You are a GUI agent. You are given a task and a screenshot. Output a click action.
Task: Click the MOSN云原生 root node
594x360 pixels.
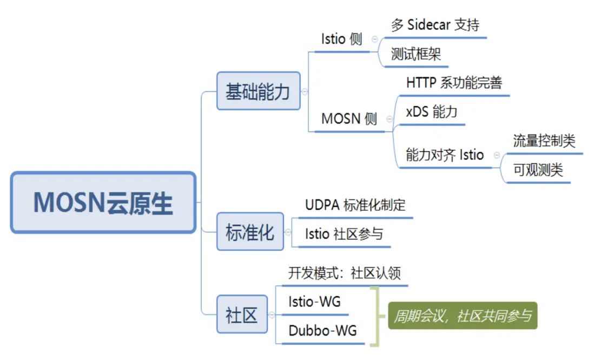[103, 203]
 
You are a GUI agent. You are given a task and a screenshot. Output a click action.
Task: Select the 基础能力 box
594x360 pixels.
[259, 91]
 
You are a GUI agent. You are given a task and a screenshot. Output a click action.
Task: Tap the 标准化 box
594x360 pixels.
[250, 232]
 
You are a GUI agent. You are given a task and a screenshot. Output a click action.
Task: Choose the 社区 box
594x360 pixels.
[242, 315]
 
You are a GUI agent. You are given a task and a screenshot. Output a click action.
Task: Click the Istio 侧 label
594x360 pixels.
[341, 39]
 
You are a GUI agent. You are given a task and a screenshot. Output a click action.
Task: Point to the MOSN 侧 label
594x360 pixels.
[349, 119]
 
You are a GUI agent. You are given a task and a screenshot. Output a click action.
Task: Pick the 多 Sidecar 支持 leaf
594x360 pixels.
[435, 25]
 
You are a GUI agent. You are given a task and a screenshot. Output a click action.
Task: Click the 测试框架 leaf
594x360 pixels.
[416, 54]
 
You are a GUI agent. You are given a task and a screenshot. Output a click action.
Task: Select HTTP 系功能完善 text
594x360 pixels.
[454, 83]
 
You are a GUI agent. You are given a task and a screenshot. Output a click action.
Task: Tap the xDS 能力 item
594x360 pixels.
[432, 112]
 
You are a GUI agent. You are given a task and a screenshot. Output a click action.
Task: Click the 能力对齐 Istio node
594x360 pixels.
[445, 155]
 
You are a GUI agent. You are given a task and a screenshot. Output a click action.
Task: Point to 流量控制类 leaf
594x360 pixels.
[544, 141]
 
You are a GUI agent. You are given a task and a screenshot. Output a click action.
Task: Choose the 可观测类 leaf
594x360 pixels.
[538, 170]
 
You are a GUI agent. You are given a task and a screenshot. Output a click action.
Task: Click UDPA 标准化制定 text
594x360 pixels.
[355, 205]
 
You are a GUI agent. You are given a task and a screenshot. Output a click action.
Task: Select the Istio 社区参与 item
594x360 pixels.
[344, 234]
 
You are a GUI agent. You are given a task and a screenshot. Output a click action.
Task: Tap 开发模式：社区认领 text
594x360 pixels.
[345, 273]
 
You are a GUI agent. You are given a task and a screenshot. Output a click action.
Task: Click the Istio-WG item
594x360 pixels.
[314, 302]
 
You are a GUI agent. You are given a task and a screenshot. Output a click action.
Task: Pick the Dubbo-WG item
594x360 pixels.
[322, 330]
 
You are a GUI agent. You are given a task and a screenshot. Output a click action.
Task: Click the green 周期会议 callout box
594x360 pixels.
[463, 315]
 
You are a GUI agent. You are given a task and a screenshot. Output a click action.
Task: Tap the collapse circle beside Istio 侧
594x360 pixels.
[375, 39]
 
